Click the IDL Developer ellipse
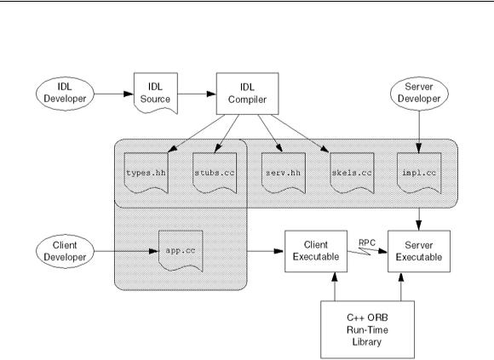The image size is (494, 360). point(66,94)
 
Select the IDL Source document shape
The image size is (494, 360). point(156,93)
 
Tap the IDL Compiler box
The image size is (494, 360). point(247,94)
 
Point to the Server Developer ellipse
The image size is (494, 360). point(419,94)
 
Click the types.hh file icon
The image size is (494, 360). point(146,173)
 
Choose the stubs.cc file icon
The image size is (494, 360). point(215,173)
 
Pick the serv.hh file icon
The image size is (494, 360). point(284,173)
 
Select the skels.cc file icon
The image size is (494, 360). point(352,173)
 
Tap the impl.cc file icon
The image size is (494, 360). point(419,173)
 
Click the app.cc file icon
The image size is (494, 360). point(181,251)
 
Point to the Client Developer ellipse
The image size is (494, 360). point(66,251)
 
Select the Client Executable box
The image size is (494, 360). point(316,251)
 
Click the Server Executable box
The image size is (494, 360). point(419,251)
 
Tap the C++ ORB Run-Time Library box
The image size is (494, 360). point(367,329)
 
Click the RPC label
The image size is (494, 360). point(367,243)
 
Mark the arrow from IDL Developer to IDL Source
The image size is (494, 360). point(114,94)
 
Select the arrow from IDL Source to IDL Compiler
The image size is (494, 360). point(197,94)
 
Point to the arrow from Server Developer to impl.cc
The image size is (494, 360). point(419,132)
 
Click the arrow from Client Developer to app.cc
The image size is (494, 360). point(127,251)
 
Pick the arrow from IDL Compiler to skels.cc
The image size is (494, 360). point(300,134)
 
